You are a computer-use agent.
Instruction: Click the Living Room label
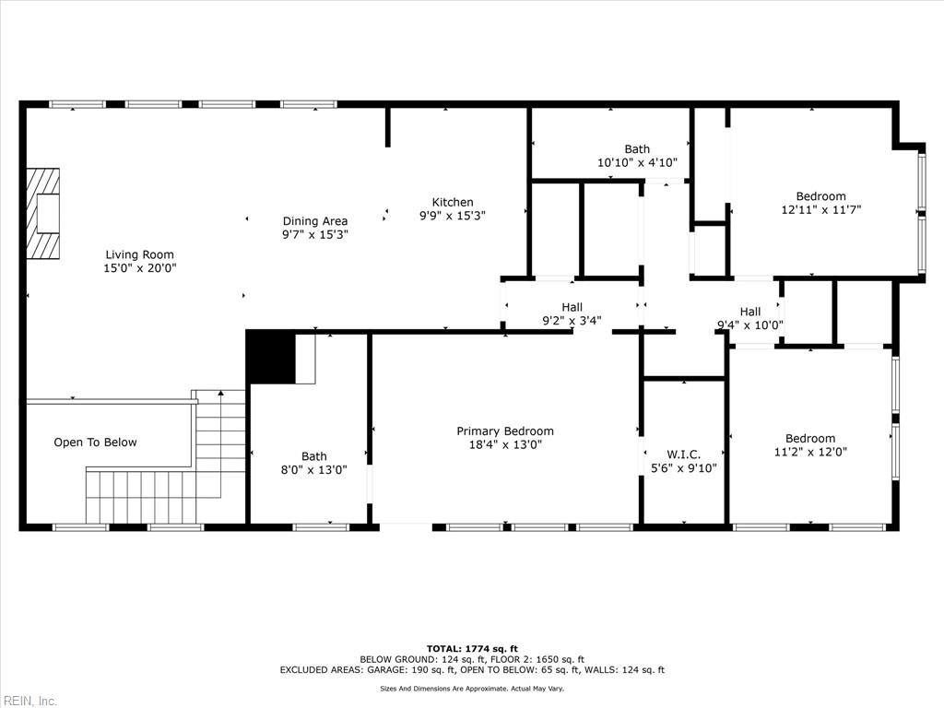point(139,254)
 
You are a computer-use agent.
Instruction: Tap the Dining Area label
point(314,221)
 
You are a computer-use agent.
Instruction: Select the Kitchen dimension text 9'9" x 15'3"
point(453,216)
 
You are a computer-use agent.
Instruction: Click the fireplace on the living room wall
point(42,214)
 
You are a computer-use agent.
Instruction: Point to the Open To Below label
point(95,442)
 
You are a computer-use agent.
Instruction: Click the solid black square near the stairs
point(270,358)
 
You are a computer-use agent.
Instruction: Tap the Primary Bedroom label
point(505,431)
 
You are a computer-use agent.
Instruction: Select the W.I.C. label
point(683,454)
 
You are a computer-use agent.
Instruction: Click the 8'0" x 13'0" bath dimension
point(314,469)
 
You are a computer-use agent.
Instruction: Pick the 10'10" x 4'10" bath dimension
point(637,162)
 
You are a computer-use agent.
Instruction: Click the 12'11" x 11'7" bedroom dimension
point(820,209)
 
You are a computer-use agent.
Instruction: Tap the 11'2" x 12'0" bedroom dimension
point(810,452)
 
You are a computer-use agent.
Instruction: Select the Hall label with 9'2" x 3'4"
point(572,308)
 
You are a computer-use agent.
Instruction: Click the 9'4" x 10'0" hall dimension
point(750,324)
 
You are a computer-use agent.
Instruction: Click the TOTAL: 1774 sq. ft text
point(472,648)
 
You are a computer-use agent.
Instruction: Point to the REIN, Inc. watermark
point(29,701)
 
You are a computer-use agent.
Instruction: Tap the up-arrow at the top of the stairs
point(220,394)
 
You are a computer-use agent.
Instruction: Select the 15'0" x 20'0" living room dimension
point(139,268)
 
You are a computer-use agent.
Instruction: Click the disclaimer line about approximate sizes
point(472,689)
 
